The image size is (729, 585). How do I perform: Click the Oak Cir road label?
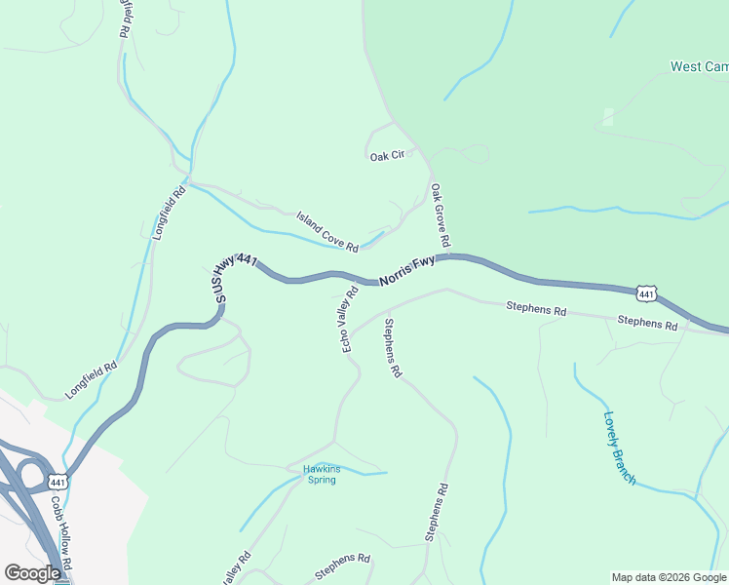[386, 156]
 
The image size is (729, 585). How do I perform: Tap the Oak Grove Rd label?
[440, 214]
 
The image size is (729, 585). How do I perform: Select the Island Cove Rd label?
[327, 230]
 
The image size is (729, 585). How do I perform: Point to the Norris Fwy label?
[406, 270]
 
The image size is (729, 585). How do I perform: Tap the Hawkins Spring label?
[322, 474]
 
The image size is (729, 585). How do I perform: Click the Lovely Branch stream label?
[619, 448]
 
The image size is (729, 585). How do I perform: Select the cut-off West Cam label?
[699, 67]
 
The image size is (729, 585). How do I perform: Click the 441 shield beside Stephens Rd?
[647, 292]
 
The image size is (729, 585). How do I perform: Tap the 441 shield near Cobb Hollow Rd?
[58, 482]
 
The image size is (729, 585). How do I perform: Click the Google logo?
[32, 573]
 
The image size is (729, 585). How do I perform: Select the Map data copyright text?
[669, 577]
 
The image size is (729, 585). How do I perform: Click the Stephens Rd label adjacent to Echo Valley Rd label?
[392, 348]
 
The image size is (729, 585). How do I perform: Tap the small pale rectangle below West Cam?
[608, 117]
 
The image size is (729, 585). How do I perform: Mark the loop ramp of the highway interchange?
[32, 477]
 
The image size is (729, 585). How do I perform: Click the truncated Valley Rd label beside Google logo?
[235, 570]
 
